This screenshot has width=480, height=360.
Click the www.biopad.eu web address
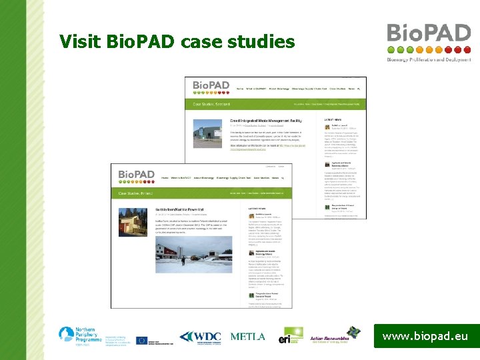click(x=425, y=337)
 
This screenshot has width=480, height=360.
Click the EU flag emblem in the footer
click(x=142, y=340)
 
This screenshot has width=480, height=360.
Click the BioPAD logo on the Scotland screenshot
click(x=211, y=87)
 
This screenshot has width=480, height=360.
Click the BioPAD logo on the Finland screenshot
click(x=136, y=176)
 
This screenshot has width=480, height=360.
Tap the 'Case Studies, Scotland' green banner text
click(x=212, y=105)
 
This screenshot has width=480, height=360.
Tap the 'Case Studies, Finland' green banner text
click(x=137, y=194)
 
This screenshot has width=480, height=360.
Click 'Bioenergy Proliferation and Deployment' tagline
click(x=429, y=59)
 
